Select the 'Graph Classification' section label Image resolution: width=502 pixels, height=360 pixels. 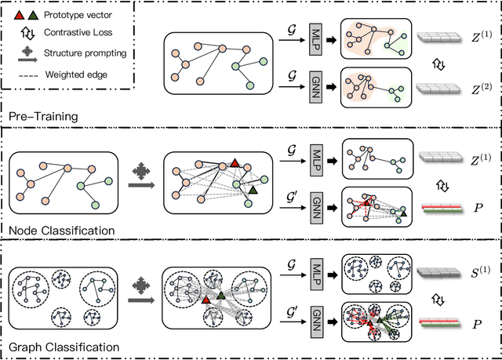pyautogui.click(x=65, y=346)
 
